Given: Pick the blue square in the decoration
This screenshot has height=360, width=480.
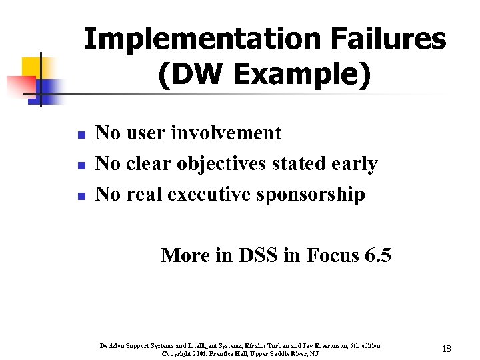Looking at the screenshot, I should click(48, 89).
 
